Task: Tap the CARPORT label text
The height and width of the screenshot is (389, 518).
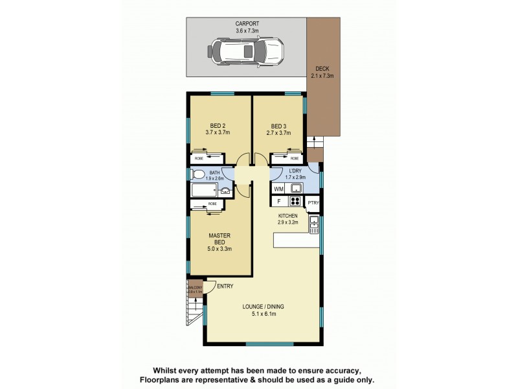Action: point(247,23)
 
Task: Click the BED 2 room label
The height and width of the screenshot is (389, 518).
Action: point(218,126)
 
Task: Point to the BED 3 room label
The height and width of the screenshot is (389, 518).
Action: point(278,126)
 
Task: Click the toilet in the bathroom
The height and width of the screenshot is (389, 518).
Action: point(196,174)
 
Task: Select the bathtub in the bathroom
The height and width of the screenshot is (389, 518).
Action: point(206,191)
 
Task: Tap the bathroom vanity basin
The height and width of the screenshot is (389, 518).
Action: point(225,191)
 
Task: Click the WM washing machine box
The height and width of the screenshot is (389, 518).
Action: point(278,189)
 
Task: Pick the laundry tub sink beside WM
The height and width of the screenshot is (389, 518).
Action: point(295,189)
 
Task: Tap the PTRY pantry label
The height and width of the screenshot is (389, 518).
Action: point(313,203)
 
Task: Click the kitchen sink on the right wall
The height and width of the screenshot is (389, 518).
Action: point(315,226)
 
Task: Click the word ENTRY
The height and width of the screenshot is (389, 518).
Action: point(225,287)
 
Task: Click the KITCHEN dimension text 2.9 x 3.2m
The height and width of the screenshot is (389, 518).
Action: point(287,222)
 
